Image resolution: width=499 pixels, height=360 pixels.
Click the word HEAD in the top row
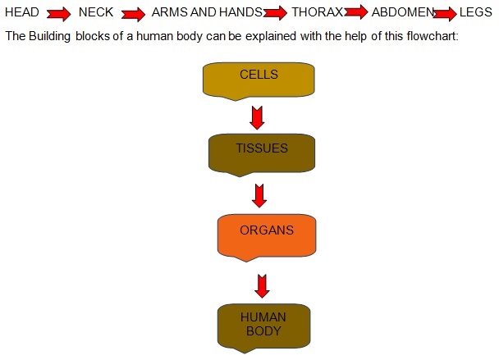coord(22,13)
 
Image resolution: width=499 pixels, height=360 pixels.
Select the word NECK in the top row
coord(95,13)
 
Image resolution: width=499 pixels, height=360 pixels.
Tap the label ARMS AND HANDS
coord(207,13)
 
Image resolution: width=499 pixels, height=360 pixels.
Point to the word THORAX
coord(317,13)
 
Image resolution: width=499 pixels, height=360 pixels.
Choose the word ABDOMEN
coord(402,13)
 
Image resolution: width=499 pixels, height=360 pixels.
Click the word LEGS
coord(476,13)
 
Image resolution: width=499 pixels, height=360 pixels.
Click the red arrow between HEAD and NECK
coord(59,14)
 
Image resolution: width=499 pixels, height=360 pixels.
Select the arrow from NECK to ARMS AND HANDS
coord(133,14)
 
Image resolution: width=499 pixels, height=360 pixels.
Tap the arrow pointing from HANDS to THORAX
coord(276,14)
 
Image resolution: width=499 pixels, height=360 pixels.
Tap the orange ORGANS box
coord(267,234)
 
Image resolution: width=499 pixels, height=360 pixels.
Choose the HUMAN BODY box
coord(263,326)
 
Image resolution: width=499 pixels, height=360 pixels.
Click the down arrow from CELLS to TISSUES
coord(258,116)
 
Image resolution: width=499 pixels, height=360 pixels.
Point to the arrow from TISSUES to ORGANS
coord(260,195)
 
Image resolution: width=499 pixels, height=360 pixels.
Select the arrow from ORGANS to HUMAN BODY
coord(262,286)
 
